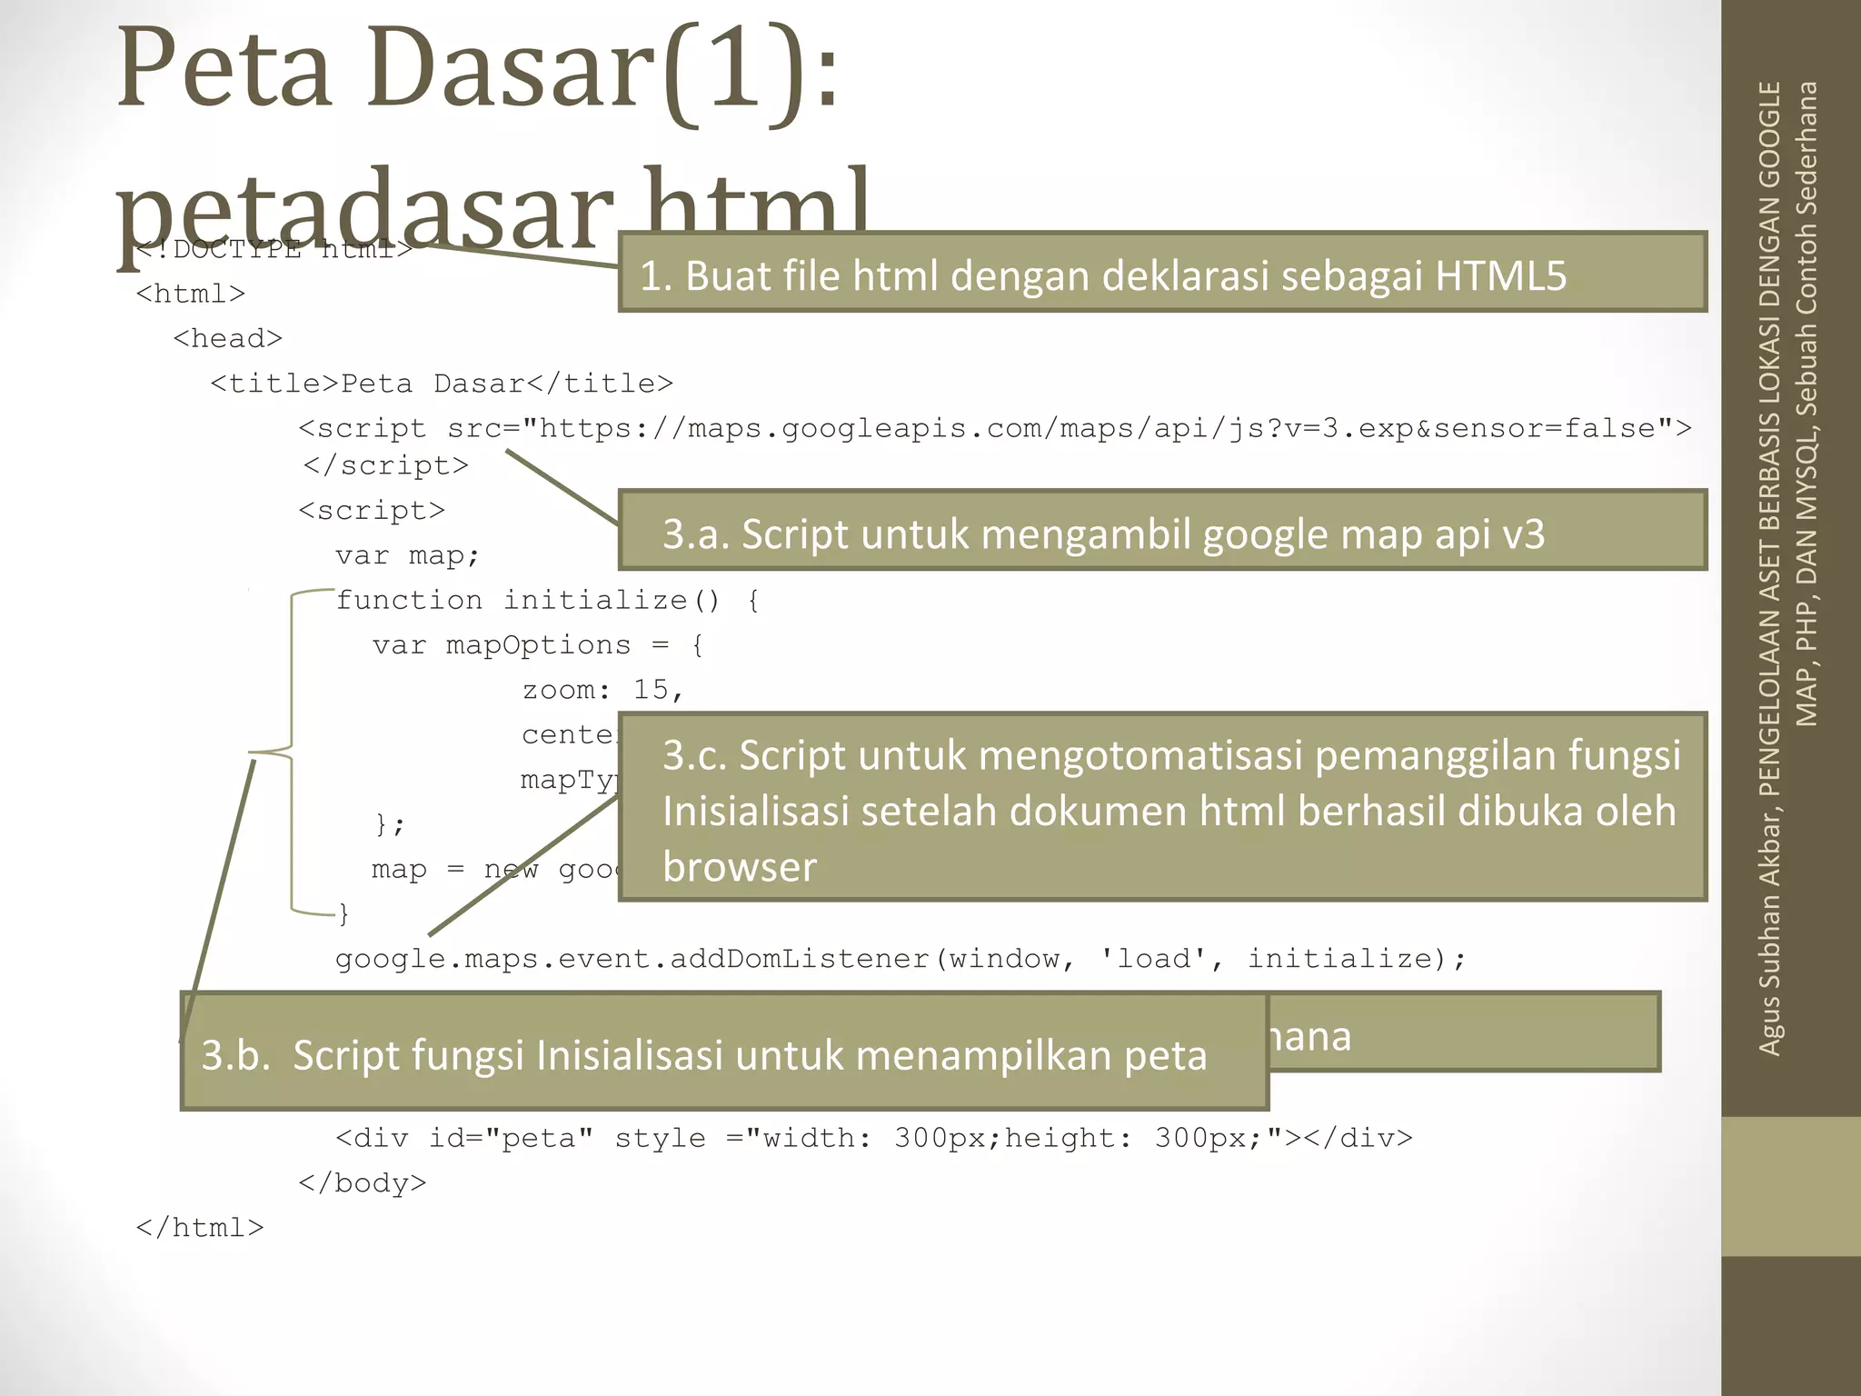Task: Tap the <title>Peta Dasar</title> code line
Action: [442, 384]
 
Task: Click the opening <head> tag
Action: [227, 338]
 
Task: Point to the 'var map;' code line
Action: [406, 555]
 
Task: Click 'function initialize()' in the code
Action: [527, 600]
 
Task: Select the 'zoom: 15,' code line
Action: [602, 690]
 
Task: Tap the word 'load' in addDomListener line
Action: [1152, 959]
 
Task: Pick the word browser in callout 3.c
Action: [740, 867]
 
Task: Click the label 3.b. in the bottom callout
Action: [235, 1055]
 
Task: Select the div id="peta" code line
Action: [872, 1138]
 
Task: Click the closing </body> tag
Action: [362, 1182]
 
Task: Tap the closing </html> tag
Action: [199, 1228]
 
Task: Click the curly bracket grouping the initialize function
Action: [291, 751]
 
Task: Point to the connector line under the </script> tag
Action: [561, 488]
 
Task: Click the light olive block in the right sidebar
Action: [1790, 1186]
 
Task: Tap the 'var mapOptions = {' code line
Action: [536, 645]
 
